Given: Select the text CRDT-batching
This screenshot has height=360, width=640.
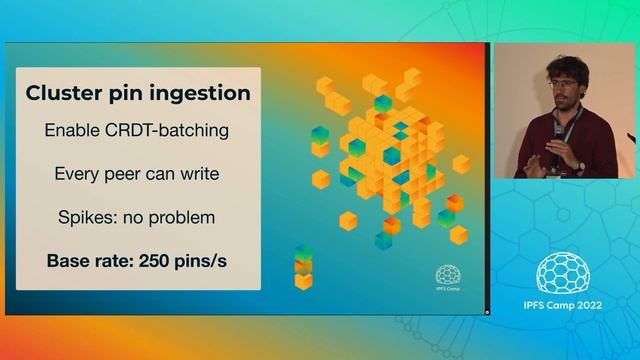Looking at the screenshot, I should point(173,130).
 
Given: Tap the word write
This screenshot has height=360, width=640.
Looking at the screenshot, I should point(198,174).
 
